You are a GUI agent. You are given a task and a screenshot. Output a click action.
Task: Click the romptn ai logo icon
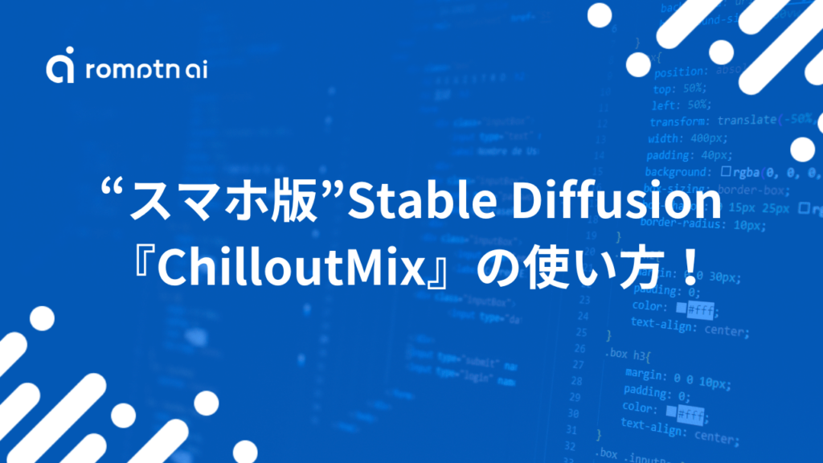pyautogui.click(x=60, y=68)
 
